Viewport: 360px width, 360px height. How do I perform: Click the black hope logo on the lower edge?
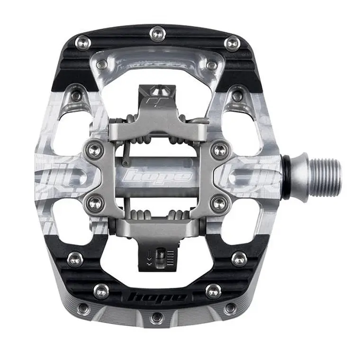pos(157,297)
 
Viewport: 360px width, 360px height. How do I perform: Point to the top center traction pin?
pos(157,33)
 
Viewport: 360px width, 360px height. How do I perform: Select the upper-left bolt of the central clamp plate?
pos(94,150)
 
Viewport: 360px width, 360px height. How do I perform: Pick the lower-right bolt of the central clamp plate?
pos(218,202)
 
